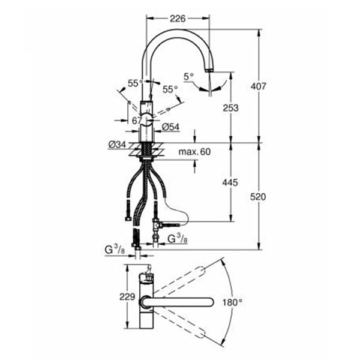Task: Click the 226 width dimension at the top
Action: tap(178, 19)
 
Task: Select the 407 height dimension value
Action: tap(259, 86)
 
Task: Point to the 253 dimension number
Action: tap(231, 107)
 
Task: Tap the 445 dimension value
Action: tap(230, 182)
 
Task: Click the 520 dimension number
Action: tap(258, 197)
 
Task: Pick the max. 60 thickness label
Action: tap(194, 152)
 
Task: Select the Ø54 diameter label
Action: tap(170, 127)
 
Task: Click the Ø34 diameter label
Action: tap(117, 145)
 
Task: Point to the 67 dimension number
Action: tap(137, 121)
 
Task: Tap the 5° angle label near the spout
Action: tap(189, 77)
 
